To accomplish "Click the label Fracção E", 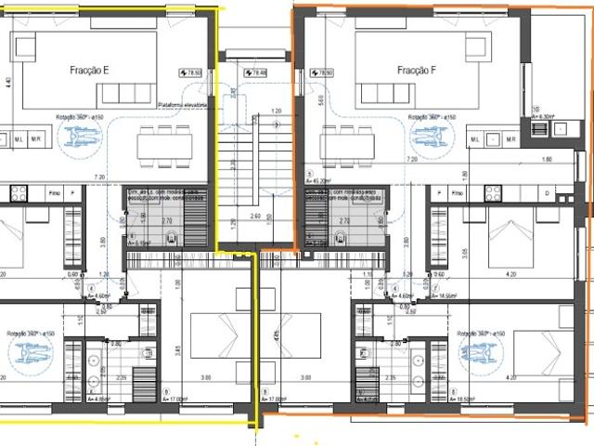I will [x=90, y=71].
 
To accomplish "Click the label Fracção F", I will [x=417, y=71].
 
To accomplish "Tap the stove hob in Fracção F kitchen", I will [x=492, y=193].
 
